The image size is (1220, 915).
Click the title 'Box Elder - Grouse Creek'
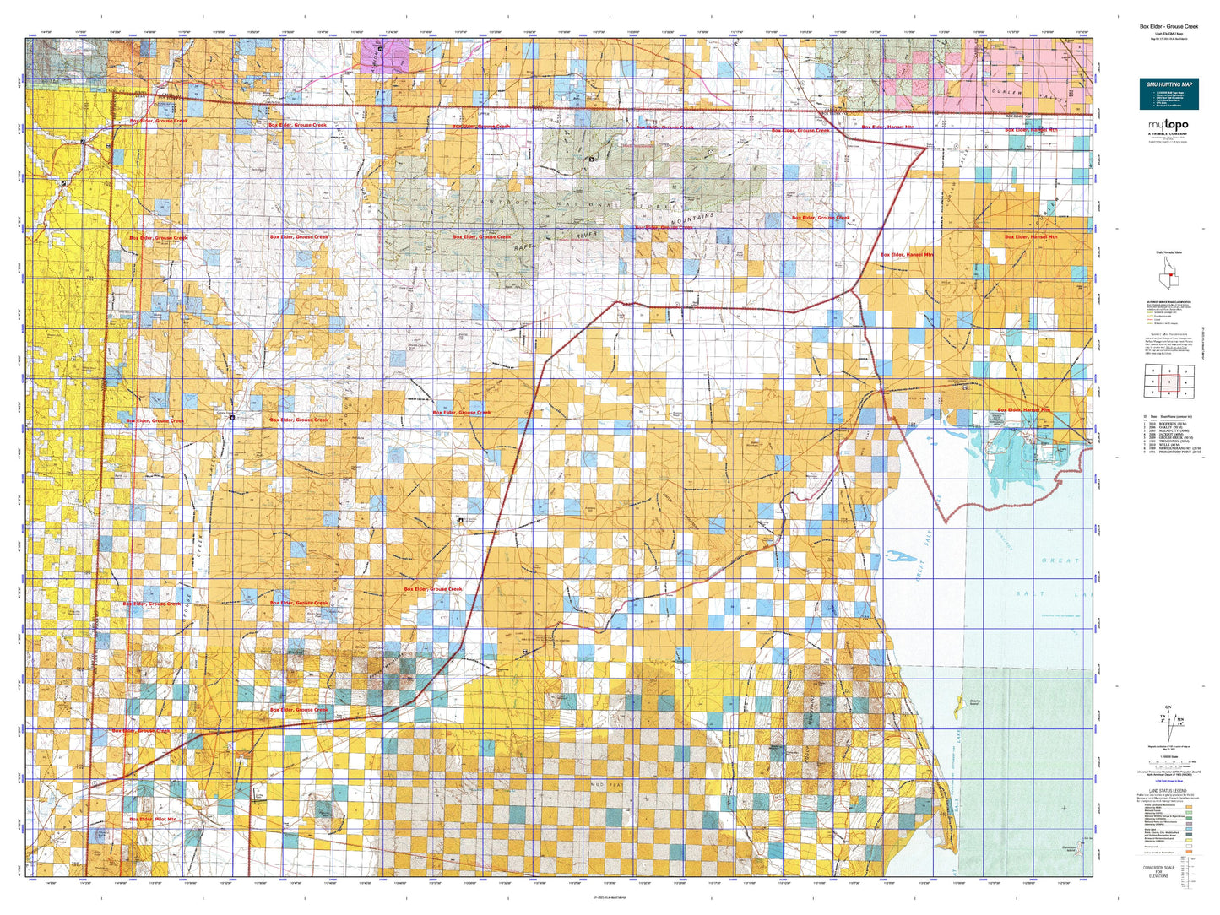tap(1168, 26)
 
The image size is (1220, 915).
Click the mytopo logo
tap(1168, 127)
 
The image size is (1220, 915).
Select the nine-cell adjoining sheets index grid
tap(1169, 381)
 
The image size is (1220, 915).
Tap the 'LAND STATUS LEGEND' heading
tap(1168, 791)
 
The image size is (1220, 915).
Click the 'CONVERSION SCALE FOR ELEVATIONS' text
tap(1168, 871)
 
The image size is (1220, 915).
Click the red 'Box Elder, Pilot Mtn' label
tap(153, 819)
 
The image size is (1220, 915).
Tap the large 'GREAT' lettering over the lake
tap(1060, 560)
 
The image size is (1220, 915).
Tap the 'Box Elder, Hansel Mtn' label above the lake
tap(1023, 410)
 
